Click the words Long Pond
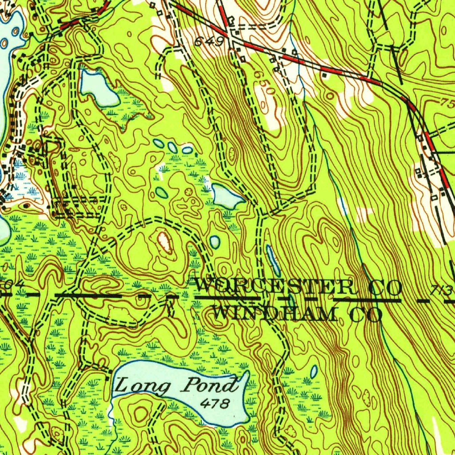click(x=176, y=386)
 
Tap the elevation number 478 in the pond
click(x=215, y=403)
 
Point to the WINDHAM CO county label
click(x=298, y=314)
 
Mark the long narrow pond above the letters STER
click(x=273, y=260)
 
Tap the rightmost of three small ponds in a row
click(x=187, y=150)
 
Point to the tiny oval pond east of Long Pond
click(x=314, y=371)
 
